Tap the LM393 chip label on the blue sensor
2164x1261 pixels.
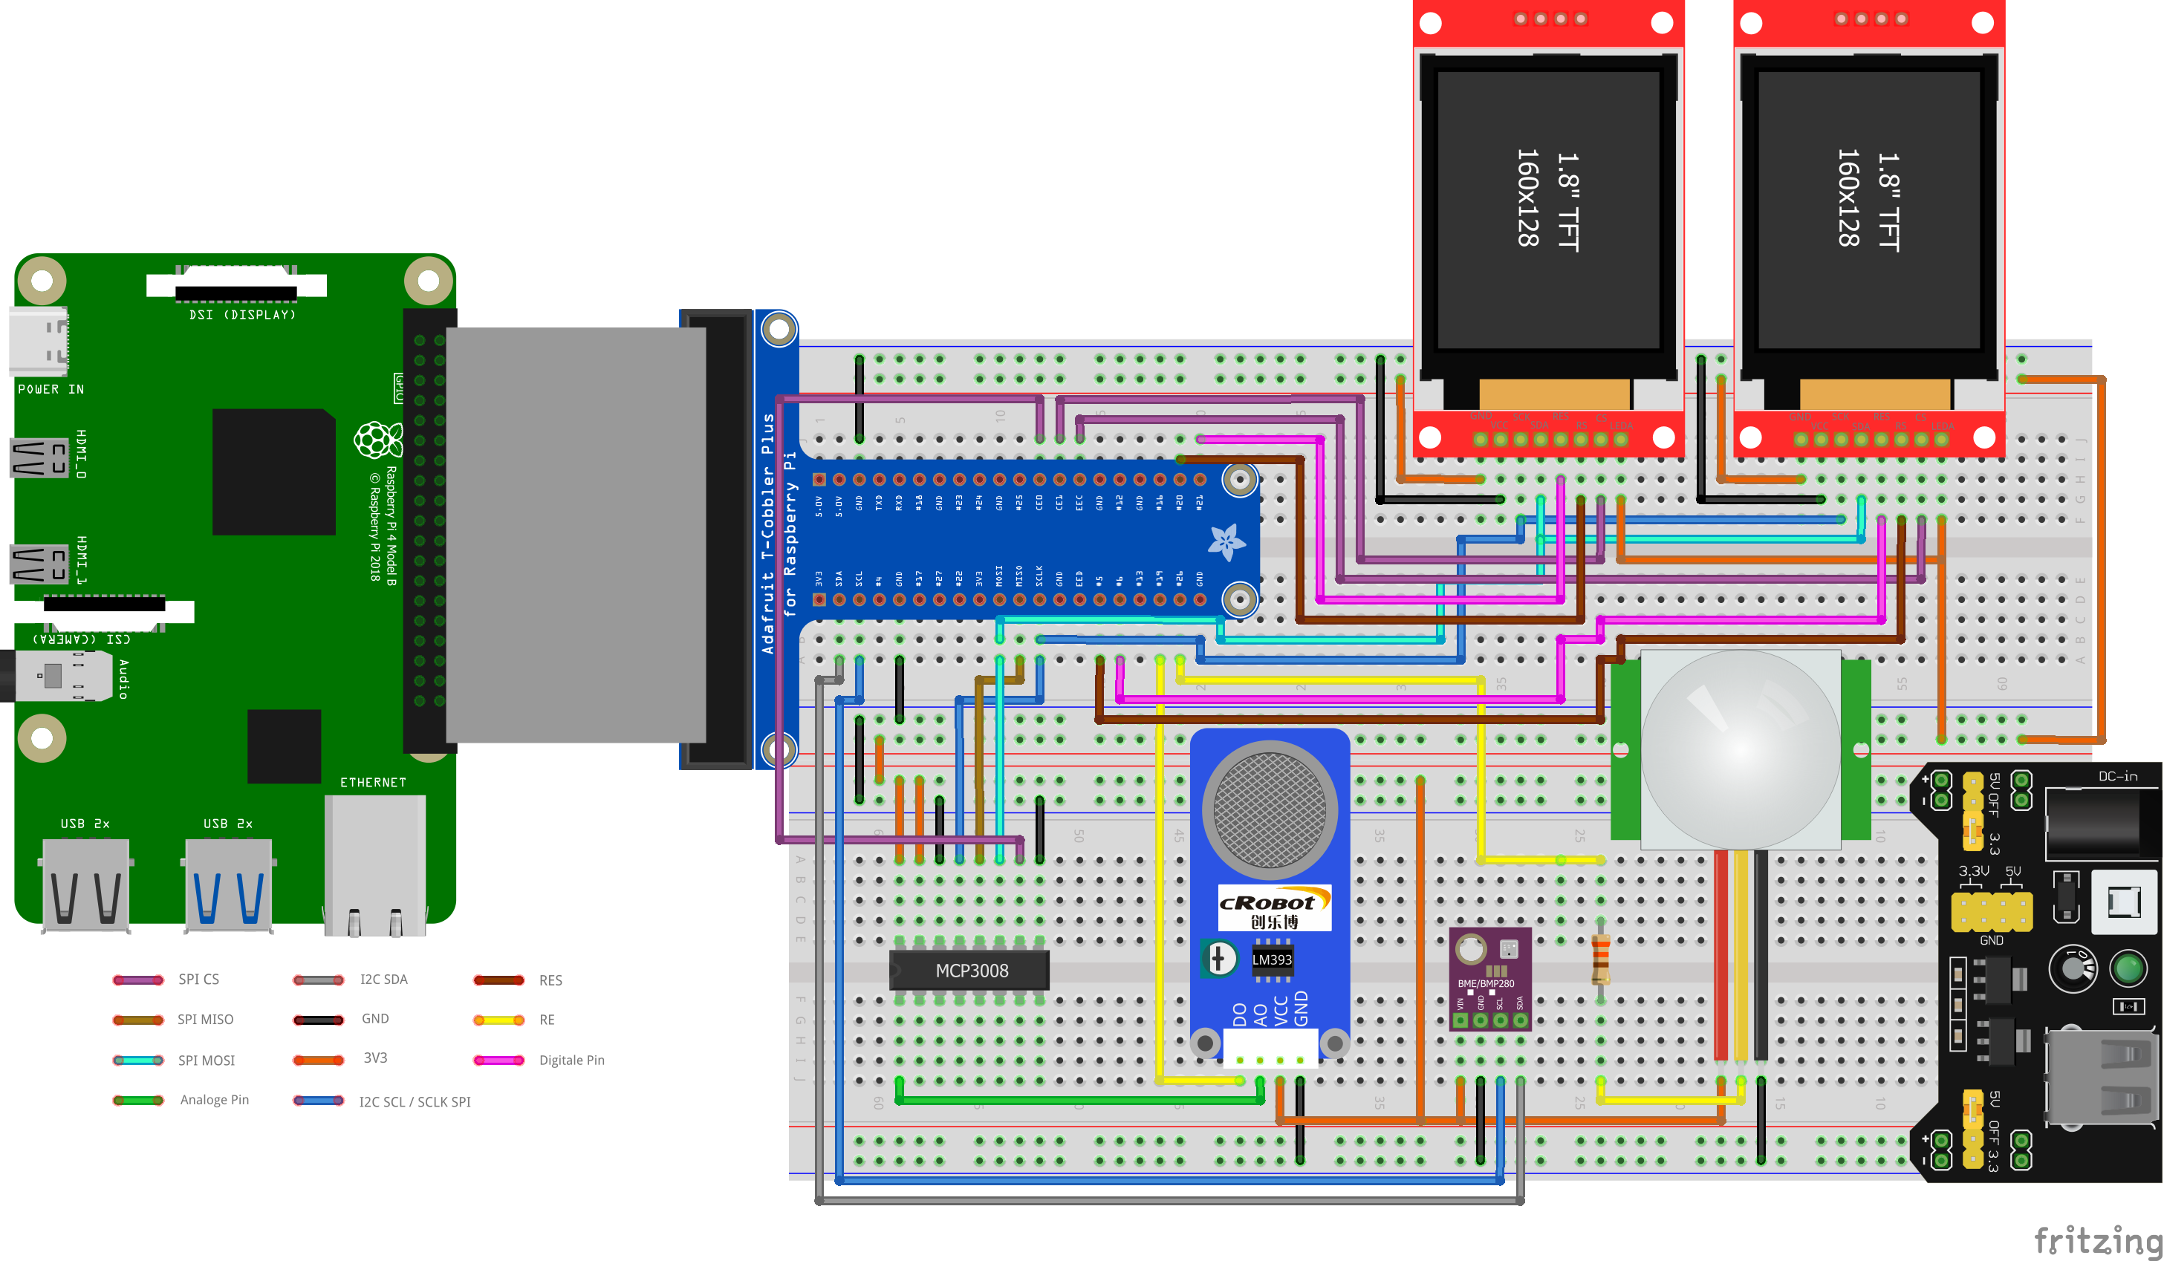coord(1271,959)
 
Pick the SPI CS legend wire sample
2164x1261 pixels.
coord(138,980)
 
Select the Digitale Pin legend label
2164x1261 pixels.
coord(571,1060)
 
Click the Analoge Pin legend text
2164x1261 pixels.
coord(214,1100)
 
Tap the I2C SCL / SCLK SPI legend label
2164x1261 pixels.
coord(414,1101)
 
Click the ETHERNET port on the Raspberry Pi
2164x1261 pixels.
coord(374,863)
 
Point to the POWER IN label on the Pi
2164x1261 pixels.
coord(51,389)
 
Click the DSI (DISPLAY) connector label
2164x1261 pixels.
coord(242,315)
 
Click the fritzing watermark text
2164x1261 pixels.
coord(2096,1239)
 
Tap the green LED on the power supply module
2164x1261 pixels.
coord(2127,969)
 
